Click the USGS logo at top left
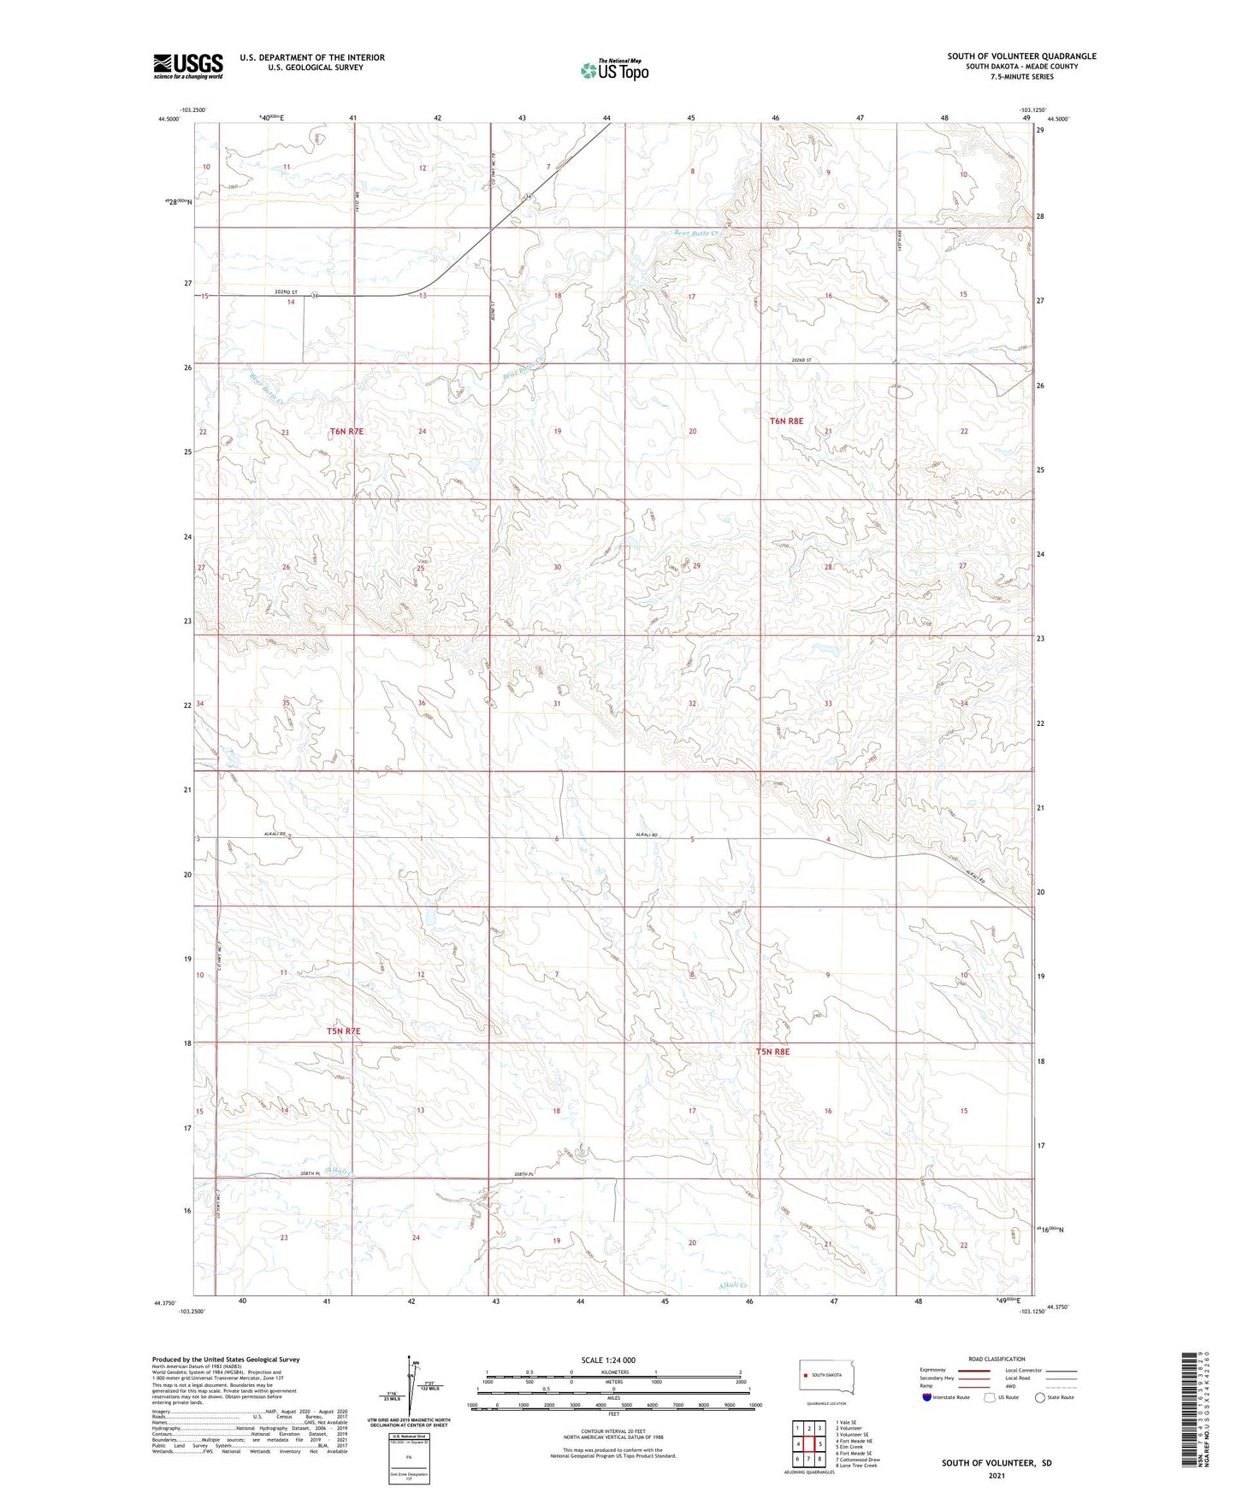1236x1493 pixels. click(188, 66)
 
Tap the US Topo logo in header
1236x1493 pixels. click(614, 70)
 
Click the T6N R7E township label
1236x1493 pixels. click(346, 432)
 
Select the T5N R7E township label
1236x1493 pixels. click(344, 1031)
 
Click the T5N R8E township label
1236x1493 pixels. click(772, 1052)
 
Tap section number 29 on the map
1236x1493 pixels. click(697, 566)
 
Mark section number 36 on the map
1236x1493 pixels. click(422, 703)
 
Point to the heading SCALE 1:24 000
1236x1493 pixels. click(608, 1360)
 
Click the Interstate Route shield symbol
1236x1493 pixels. click(927, 1398)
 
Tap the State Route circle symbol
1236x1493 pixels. click(1040, 1398)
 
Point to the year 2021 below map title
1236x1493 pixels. click(996, 1475)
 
